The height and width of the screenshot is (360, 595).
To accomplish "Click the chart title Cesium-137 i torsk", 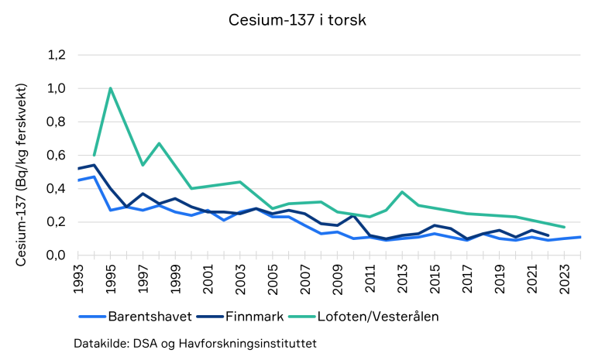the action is (x=297, y=20).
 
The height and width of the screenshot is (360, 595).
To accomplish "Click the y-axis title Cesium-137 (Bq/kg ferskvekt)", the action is (x=21, y=175).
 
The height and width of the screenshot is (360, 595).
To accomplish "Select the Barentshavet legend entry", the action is (x=136, y=317).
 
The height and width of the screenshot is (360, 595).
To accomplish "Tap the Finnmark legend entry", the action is (x=240, y=317).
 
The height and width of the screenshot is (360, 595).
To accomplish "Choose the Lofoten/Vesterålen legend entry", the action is (x=363, y=317).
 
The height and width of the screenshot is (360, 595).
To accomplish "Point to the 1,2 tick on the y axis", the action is (x=57, y=56).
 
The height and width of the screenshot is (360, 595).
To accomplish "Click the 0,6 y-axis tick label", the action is (x=57, y=155).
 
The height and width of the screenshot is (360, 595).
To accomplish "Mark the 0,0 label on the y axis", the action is (x=57, y=255).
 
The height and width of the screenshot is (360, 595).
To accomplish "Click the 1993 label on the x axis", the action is (x=78, y=279).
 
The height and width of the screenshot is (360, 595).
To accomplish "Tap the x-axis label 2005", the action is (x=273, y=279).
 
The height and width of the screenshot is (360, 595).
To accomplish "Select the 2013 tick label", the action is (x=403, y=279).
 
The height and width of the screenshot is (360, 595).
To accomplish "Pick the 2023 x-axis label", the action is (x=565, y=279).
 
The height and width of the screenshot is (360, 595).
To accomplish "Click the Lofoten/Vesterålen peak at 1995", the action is (x=111, y=88).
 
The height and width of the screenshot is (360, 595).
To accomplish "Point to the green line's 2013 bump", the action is (x=402, y=192).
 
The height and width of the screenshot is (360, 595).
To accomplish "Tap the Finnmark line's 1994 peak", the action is (x=94, y=165).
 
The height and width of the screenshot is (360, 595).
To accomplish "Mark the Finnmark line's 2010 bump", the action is (x=353, y=215).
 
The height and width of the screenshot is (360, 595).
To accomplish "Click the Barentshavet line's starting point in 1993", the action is (x=78, y=180).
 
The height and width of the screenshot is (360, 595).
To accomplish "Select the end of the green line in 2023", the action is (x=565, y=227).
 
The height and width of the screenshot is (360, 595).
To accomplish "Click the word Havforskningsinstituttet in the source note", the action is (x=248, y=343).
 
